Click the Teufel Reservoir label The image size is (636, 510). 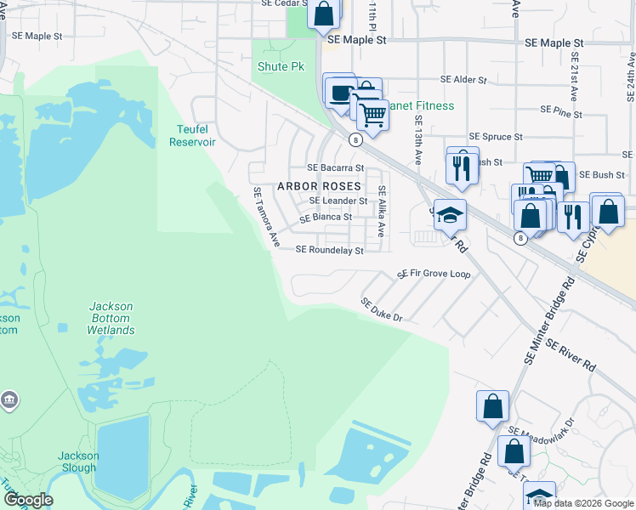pos(192,135)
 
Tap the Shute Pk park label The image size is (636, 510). pos(275,66)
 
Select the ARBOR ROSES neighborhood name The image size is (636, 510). pos(320,185)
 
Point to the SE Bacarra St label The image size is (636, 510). pos(335,168)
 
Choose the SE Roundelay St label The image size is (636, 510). pos(329,251)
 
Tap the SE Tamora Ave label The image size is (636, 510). pos(266,218)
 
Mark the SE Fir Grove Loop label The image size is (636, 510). pos(434,275)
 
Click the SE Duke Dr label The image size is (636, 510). pos(380,309)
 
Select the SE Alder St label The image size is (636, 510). pos(463,79)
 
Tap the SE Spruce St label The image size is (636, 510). pos(496,137)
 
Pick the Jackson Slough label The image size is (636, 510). pos(78,462)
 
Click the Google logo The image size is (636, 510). pos(28,500)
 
